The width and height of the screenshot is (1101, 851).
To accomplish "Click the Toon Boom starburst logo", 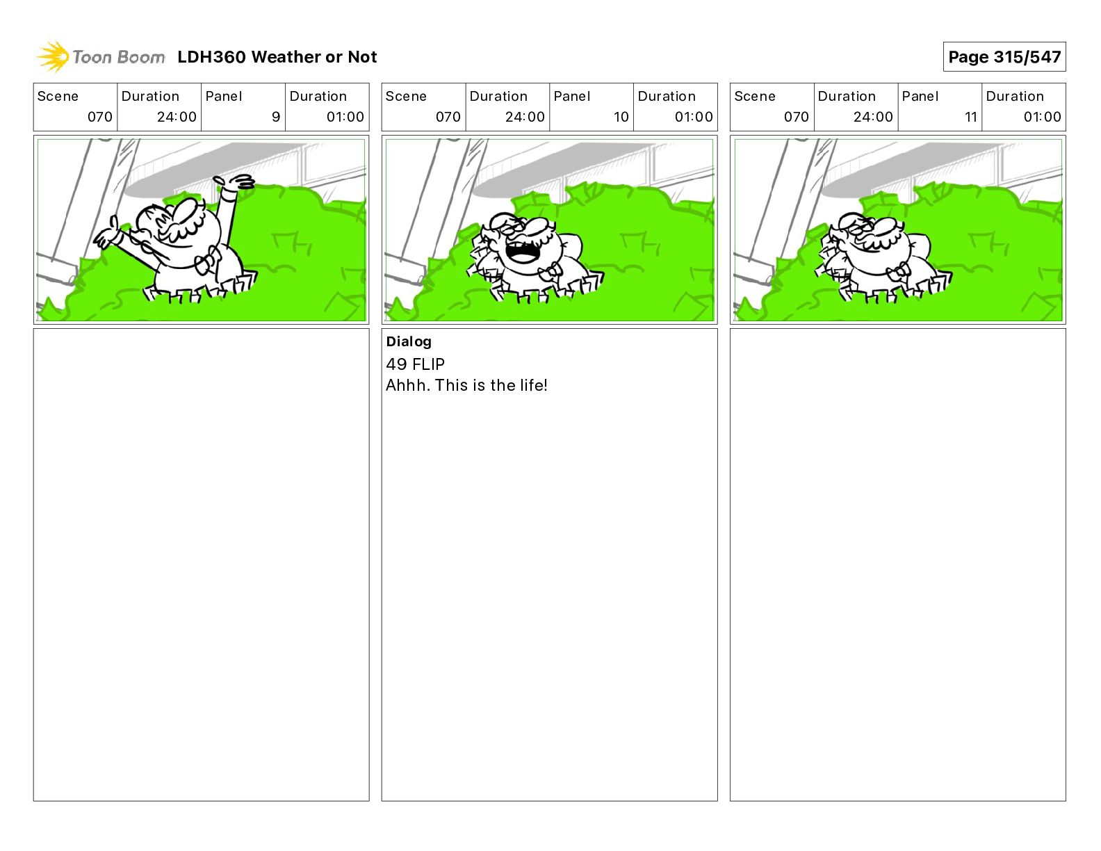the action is click(53, 57).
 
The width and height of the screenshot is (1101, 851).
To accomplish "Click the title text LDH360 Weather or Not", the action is click(277, 57).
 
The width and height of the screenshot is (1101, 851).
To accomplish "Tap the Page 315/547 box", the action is click(1004, 57).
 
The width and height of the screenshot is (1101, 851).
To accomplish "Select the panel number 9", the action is click(276, 117).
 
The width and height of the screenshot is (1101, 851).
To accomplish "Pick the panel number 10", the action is click(621, 117).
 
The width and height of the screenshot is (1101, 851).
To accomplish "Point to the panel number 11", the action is click(971, 117).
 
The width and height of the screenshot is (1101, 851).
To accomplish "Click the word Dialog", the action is click(409, 342).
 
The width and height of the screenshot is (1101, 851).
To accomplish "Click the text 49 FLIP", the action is click(415, 364).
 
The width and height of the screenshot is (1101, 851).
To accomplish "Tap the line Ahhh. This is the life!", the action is click(466, 385).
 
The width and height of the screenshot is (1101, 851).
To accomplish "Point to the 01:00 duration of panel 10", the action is click(694, 117).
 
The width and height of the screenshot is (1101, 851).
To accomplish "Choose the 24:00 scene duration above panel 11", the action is click(873, 117).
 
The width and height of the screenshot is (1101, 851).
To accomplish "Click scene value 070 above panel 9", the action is click(100, 117).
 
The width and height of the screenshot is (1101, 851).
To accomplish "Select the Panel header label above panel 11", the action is click(920, 97).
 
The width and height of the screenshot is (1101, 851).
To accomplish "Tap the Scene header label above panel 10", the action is click(406, 97).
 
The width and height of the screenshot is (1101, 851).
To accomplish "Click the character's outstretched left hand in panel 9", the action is click(106, 234).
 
